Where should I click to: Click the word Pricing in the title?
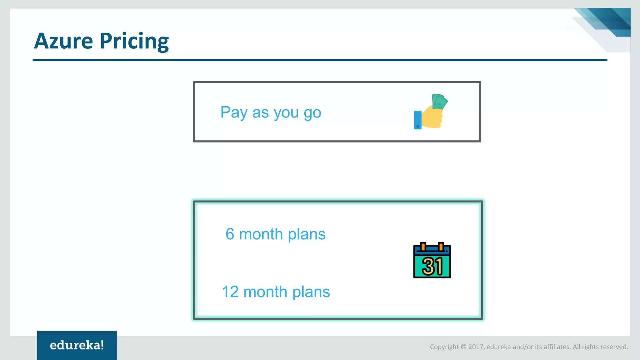[x=134, y=42]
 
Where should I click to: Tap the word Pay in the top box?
[x=234, y=112]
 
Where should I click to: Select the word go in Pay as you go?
[x=312, y=113]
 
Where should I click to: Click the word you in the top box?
[x=286, y=113]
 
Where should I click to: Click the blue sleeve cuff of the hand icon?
[x=417, y=120]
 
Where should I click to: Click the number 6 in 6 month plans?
[x=230, y=234]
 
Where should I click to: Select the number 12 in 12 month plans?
[x=230, y=292]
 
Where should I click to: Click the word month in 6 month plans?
[x=261, y=234]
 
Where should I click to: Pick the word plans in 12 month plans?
[x=311, y=292]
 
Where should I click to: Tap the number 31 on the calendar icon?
[x=432, y=266]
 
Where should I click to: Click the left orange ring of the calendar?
[x=423, y=247]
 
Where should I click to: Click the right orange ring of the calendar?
[x=441, y=247]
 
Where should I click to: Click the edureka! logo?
[x=77, y=345]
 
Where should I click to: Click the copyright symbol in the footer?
[x=463, y=347]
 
